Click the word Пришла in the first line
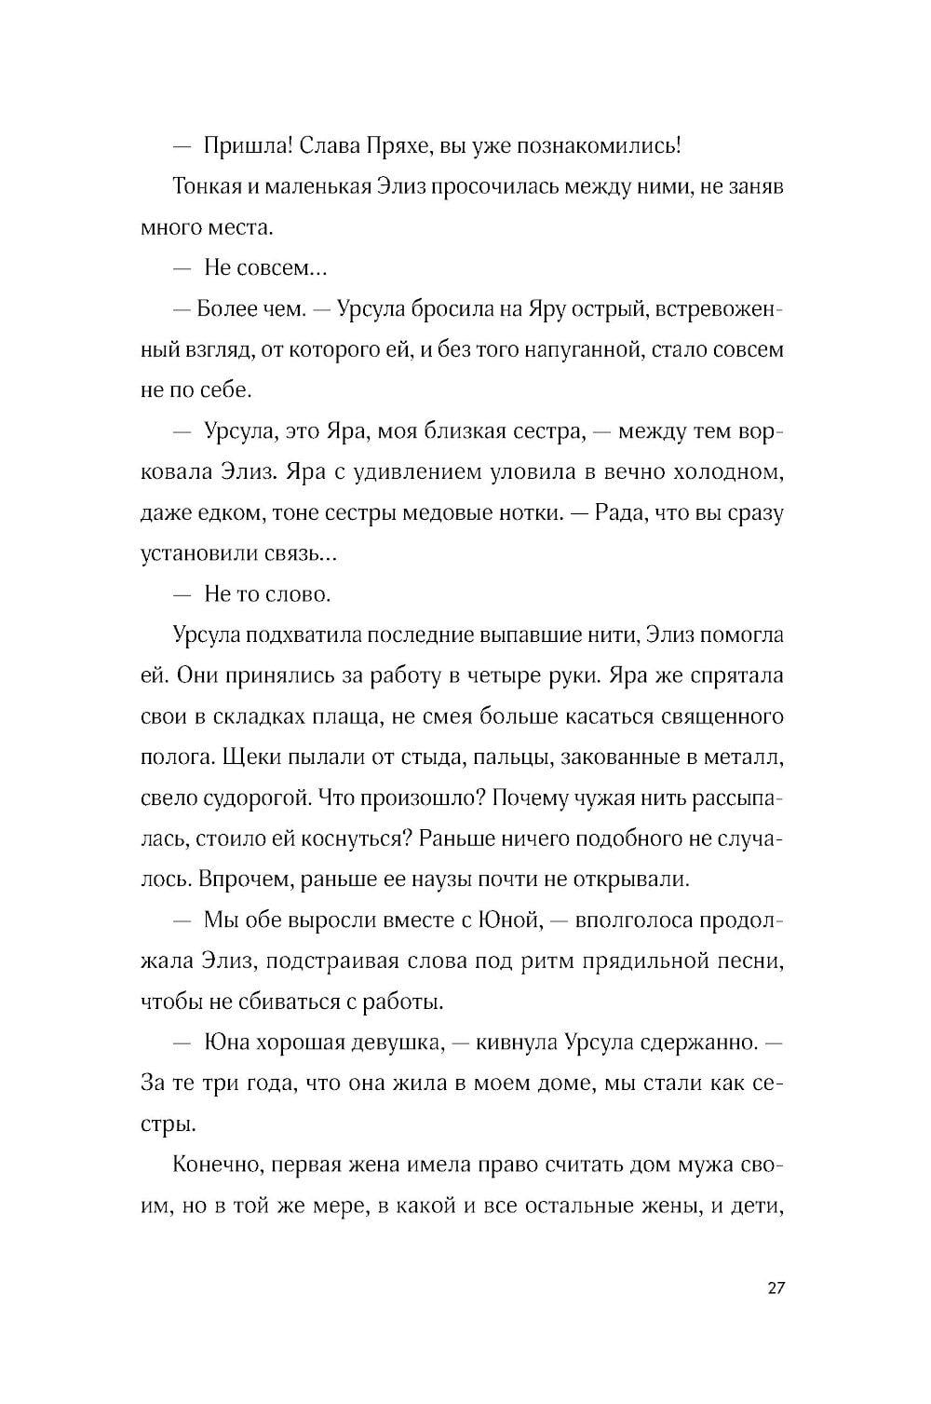point(247,146)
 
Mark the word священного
point(722,717)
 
